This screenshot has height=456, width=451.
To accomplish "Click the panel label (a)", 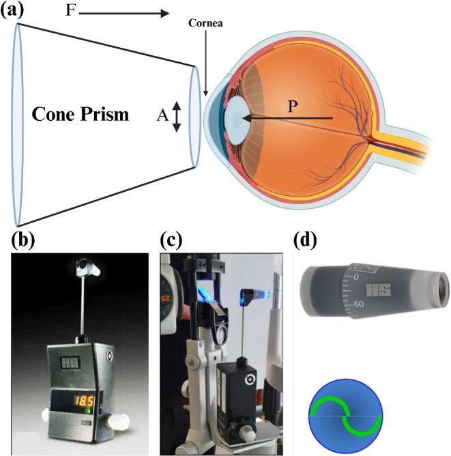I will [x=13, y=11].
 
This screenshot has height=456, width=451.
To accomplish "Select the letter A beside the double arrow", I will [x=162, y=116].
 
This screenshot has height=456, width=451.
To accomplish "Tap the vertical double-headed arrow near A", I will [x=177, y=116].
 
